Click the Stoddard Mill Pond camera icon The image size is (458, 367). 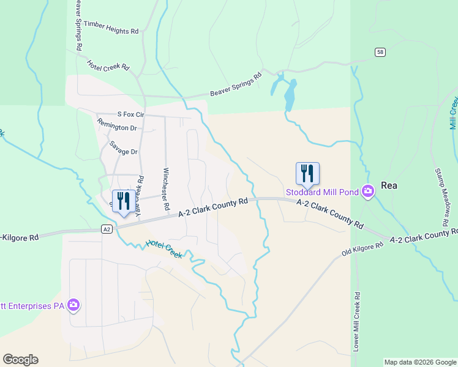(x=367, y=191)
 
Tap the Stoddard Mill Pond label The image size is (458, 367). (x=321, y=192)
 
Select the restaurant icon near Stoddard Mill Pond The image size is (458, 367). (x=307, y=174)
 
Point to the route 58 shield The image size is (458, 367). (x=381, y=53)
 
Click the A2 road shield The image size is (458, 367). (x=107, y=229)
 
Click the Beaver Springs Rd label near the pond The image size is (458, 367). (x=236, y=84)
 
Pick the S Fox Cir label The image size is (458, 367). (x=130, y=114)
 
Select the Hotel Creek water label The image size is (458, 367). (x=164, y=249)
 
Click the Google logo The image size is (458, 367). (x=20, y=360)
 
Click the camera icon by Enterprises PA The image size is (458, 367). (x=73, y=304)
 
